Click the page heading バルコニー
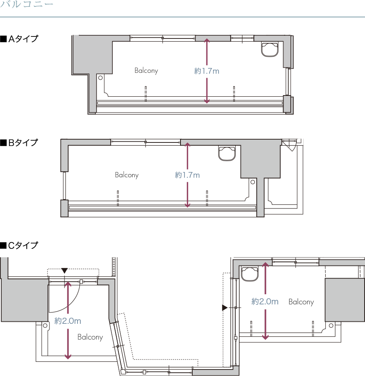pyautogui.click(x=26, y=4)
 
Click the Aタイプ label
pyautogui.click(x=19, y=39)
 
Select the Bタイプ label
pyautogui.click(x=19, y=143)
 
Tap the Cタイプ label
pyautogui.click(x=19, y=245)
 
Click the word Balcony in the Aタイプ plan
pyautogui.click(x=146, y=71)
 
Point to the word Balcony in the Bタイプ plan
pyautogui.click(x=127, y=175)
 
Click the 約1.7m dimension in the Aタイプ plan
pyautogui.click(x=207, y=71)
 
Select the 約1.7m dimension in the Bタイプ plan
pyautogui.click(x=187, y=175)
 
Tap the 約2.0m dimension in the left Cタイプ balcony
pyautogui.click(x=67, y=321)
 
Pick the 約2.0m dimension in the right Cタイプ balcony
pyautogui.click(x=265, y=302)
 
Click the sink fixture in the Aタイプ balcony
pyautogui.click(x=270, y=49)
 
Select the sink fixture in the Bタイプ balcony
pyautogui.click(x=227, y=153)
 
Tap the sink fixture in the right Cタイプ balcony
pyautogui.click(x=250, y=274)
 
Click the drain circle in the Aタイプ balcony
pyautogui.click(x=101, y=78)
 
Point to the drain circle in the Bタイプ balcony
pyautogui.click(x=253, y=182)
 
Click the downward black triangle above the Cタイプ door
pyautogui.click(x=64, y=271)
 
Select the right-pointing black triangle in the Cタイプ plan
pyautogui.click(x=225, y=308)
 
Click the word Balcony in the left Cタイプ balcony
pyautogui.click(x=90, y=337)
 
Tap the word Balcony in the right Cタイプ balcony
pyautogui.click(x=301, y=302)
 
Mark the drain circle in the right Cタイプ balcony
pyautogui.click(x=331, y=325)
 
